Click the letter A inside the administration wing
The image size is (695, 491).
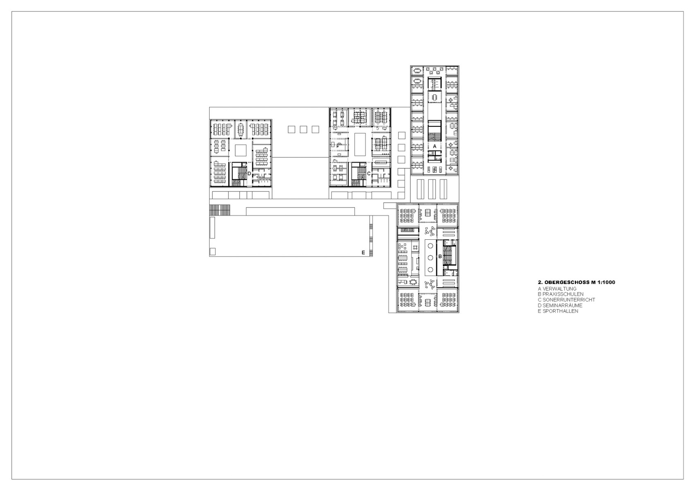(435, 146)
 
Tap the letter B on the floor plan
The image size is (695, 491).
(440, 257)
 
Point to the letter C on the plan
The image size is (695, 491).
(368, 173)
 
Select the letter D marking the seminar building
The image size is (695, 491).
(249, 173)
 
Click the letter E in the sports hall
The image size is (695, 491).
(363, 253)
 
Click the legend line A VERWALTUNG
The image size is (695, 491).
(557, 289)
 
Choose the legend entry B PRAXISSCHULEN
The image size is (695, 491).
(561, 294)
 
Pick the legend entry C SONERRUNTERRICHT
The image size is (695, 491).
(566, 300)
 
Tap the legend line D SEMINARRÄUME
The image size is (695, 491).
(560, 306)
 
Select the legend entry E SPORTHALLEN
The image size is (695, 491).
(558, 311)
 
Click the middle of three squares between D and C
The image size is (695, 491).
(303, 129)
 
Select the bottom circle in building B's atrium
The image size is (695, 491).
(430, 269)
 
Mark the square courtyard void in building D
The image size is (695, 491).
(240, 150)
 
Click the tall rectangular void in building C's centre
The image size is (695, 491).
(360, 144)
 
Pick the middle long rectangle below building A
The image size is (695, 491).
(431, 189)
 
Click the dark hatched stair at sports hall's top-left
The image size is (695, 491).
(220, 210)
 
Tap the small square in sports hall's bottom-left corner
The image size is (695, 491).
(212, 251)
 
